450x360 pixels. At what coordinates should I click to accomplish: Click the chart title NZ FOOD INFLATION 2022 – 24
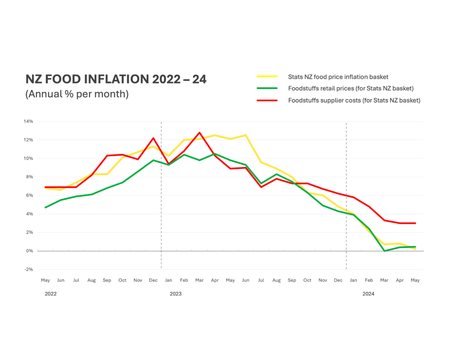pyautogui.click(x=116, y=79)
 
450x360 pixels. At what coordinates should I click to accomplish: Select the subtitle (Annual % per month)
pyautogui.click(x=77, y=94)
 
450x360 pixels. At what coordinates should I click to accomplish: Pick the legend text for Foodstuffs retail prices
pyautogui.click(x=351, y=89)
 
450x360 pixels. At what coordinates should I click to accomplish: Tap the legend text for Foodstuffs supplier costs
pyautogui.click(x=354, y=100)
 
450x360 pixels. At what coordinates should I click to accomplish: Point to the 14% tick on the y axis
pyautogui.click(x=28, y=121)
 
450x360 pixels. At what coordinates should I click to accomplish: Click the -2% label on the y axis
pyautogui.click(x=28, y=269)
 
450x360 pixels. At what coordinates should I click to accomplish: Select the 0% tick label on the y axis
pyautogui.click(x=29, y=251)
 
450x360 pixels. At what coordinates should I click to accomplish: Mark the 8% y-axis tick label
pyautogui.click(x=29, y=177)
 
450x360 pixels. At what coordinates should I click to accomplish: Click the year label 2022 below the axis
pyautogui.click(x=51, y=294)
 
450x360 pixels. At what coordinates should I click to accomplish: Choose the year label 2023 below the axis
pyautogui.click(x=175, y=294)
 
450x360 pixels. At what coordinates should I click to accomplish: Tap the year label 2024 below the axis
pyautogui.click(x=369, y=294)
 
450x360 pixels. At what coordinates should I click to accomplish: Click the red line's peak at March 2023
pyautogui.click(x=199, y=133)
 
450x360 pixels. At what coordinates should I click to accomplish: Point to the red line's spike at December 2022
pyautogui.click(x=153, y=138)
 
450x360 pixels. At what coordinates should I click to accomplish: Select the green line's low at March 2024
pyautogui.click(x=384, y=251)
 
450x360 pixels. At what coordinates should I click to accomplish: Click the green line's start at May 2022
pyautogui.click(x=45, y=207)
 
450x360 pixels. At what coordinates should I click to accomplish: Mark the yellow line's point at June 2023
pyautogui.click(x=246, y=135)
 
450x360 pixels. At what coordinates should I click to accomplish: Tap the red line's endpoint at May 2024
pyautogui.click(x=415, y=223)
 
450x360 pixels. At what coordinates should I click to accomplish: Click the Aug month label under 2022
pyautogui.click(x=91, y=280)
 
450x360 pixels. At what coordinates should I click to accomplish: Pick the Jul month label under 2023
pyautogui.click(x=261, y=280)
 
